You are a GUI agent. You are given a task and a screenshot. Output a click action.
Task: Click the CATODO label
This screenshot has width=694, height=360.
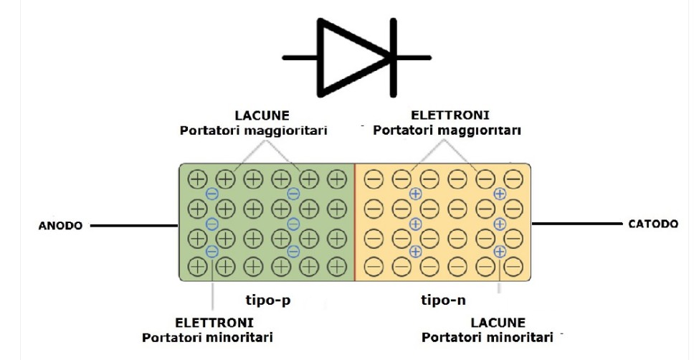652,224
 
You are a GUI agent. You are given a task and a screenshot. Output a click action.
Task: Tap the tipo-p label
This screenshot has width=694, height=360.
267,300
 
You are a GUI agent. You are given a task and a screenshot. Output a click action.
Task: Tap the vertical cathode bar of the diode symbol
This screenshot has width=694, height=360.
393,57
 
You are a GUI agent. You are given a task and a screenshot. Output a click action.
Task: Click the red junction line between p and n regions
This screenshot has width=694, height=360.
355,222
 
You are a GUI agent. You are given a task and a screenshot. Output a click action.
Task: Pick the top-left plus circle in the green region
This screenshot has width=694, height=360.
197,179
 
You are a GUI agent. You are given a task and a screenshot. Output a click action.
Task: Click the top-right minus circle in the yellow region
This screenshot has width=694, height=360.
513,179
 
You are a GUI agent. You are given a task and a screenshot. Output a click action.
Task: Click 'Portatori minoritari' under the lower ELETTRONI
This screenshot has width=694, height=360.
207,337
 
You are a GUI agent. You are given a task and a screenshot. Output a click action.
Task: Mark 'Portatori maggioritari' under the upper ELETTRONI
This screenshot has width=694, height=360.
447,131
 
